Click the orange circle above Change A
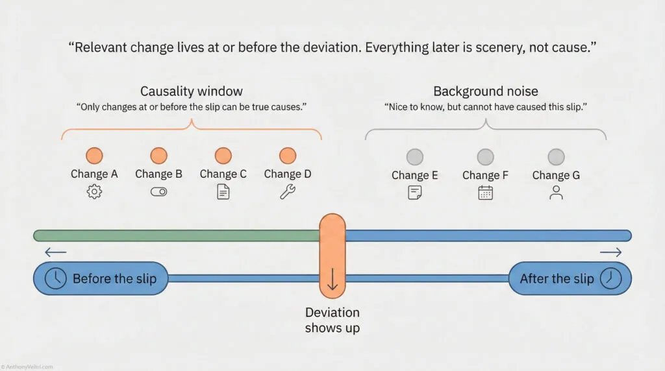pyautogui.click(x=94, y=156)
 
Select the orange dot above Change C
pyautogui.click(x=223, y=156)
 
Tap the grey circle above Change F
pyautogui.click(x=485, y=157)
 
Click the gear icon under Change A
pyautogui.click(x=94, y=192)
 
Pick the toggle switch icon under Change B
pyautogui.click(x=158, y=192)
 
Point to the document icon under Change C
pyautogui.click(x=223, y=192)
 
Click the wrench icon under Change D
pyautogui.click(x=288, y=192)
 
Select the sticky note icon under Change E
pyautogui.click(x=414, y=193)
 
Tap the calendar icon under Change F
pyautogui.click(x=485, y=193)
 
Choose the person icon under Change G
pyautogui.click(x=556, y=193)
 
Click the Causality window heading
pyautogui.click(x=192, y=91)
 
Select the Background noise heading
pyautogui.click(x=485, y=91)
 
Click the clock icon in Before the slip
pyautogui.click(x=56, y=278)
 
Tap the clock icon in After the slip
pyautogui.click(x=610, y=278)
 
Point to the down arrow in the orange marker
pyautogui.click(x=332, y=279)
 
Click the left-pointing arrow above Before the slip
pyautogui.click(x=56, y=252)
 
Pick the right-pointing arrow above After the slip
pyautogui.click(x=610, y=252)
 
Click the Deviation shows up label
pyautogui.click(x=332, y=320)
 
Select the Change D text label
pyautogui.click(x=288, y=174)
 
